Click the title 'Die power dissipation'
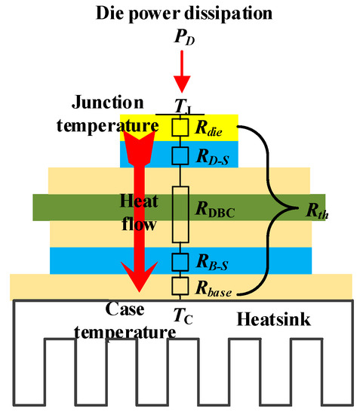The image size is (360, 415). click(x=180, y=12)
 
